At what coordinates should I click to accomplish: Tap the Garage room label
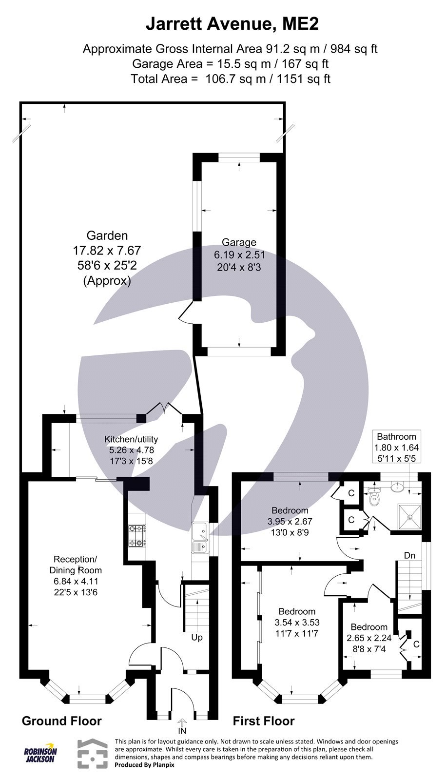coord(239,242)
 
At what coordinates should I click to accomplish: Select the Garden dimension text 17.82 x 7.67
coord(107,251)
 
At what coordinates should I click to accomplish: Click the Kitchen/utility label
coord(131,439)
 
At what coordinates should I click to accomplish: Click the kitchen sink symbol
coord(200,538)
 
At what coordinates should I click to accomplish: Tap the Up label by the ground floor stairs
coord(197,637)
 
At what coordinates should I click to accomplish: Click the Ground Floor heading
coord(62,721)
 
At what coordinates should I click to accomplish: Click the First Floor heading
coord(264,721)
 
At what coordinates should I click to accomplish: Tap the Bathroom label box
coord(396,447)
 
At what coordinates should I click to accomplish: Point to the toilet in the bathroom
coord(374,499)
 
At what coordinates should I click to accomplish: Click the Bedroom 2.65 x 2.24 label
coord(369,627)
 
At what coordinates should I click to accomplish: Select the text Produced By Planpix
coord(144,765)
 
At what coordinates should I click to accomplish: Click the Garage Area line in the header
coord(230,63)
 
